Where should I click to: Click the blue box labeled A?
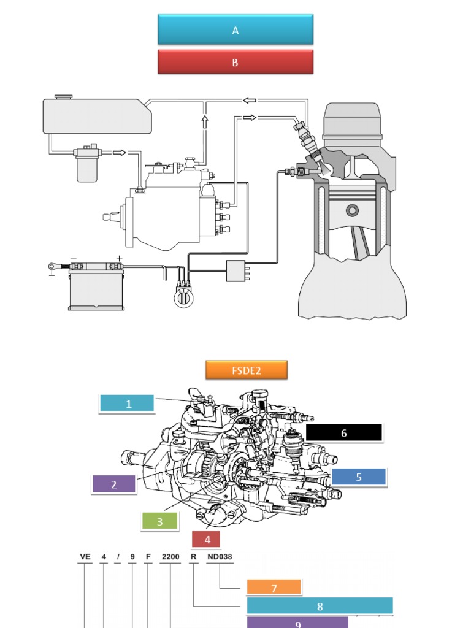tap(235, 29)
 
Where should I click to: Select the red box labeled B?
tap(235, 62)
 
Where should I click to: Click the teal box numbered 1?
tap(127, 403)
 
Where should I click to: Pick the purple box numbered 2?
tap(114, 484)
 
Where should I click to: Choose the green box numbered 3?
tap(159, 521)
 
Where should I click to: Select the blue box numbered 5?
tap(359, 477)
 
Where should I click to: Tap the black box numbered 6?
tap(343, 432)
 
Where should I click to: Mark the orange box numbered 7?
tap(274, 588)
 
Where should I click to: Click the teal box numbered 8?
tap(320, 606)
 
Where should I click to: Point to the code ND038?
tap(220, 557)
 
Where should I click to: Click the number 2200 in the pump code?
tap(170, 557)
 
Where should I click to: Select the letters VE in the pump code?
tap(85, 557)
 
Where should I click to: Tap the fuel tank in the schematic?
tap(97, 115)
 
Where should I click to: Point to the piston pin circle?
tap(352, 210)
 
